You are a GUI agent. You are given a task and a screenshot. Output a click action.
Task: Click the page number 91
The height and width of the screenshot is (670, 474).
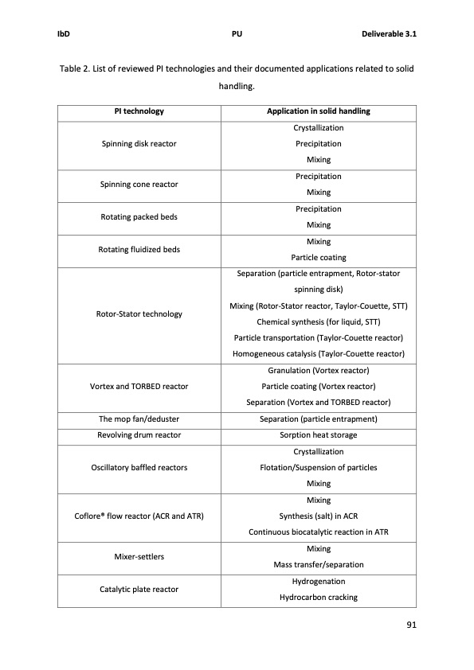click(411, 624)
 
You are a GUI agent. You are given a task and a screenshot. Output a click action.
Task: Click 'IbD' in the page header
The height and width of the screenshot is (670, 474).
click(65, 35)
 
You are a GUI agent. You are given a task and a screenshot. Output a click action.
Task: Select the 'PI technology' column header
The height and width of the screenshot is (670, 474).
click(139, 111)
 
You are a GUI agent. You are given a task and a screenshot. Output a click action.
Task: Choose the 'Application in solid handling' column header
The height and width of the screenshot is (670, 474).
click(318, 111)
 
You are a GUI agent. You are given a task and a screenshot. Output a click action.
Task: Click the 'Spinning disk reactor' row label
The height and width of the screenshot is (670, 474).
click(139, 144)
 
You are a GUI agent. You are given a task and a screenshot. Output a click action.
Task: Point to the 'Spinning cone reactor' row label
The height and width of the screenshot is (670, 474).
click(139, 185)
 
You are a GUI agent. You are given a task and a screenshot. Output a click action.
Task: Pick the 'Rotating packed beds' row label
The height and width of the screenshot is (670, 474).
click(139, 217)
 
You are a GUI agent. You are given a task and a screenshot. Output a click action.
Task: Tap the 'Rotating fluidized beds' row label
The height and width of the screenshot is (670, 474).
click(139, 250)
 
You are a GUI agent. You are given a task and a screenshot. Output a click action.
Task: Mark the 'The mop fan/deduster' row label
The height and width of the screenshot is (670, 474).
click(139, 419)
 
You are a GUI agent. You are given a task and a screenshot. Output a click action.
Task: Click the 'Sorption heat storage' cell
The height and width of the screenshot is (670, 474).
click(318, 435)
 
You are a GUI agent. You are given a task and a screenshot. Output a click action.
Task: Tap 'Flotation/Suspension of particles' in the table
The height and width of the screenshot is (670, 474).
click(318, 467)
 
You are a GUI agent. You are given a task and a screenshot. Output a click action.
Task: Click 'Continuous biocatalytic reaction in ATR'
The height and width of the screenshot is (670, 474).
click(318, 532)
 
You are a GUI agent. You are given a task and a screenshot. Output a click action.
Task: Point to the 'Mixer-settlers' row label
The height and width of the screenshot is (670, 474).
click(139, 556)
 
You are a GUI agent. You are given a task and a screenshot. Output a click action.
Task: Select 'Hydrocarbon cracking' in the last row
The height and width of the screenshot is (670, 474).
click(318, 598)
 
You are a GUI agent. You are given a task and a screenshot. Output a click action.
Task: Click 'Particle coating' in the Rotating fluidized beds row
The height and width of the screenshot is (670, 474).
click(318, 258)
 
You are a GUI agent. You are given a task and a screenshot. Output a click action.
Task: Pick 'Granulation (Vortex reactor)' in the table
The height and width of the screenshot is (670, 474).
click(318, 371)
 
